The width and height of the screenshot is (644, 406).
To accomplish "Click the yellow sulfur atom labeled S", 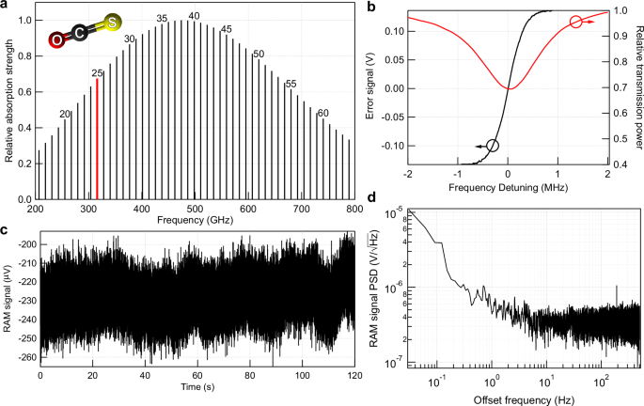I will click(112, 22).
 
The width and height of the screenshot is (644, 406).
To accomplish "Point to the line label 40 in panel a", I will click(195, 16).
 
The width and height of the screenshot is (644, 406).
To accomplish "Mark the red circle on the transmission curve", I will click(576, 21).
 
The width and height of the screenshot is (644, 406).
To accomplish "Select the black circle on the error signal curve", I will click(493, 146).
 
